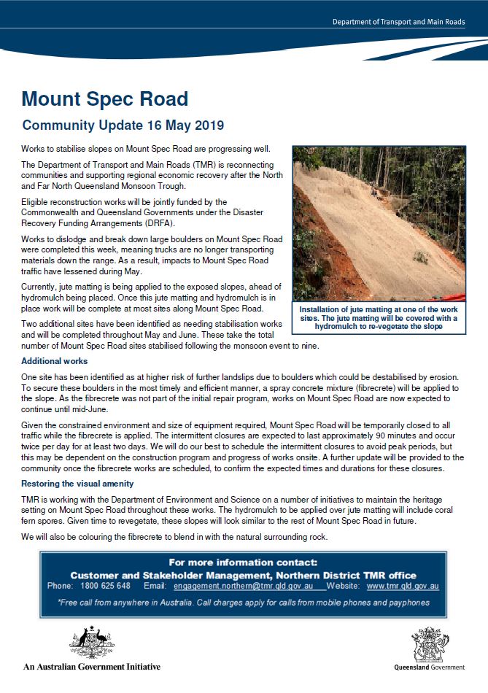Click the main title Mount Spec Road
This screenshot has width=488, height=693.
(x=105, y=99)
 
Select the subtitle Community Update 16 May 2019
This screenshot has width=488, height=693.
(x=123, y=125)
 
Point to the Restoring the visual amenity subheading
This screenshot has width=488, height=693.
(x=77, y=484)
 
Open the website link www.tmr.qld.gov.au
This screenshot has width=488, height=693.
(x=403, y=586)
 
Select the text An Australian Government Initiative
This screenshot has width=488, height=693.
(x=92, y=667)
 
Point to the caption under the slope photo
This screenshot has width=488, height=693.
(x=379, y=319)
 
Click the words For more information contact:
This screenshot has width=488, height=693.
(x=243, y=562)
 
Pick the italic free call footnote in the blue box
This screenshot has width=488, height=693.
(x=244, y=603)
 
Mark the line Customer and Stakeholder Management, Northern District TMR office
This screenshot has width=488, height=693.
(x=244, y=575)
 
